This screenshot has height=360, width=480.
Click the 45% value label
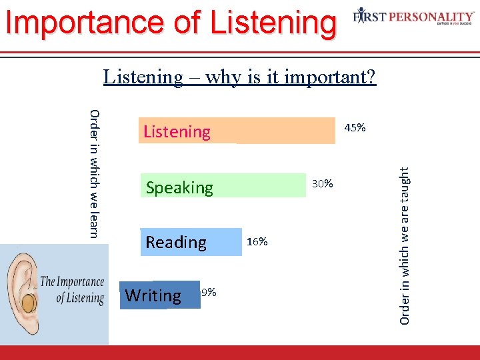point(354,127)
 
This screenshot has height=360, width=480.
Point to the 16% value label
point(257,241)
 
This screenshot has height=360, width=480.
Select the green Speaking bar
point(260,185)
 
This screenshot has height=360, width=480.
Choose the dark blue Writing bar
point(190,295)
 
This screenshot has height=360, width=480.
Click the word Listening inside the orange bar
point(177,132)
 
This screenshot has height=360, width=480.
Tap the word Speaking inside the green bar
point(179,188)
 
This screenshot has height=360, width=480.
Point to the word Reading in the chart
point(176,242)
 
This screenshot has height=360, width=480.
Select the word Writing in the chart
point(153,295)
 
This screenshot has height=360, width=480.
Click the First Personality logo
point(413,16)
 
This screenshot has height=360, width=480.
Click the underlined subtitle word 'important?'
point(330,77)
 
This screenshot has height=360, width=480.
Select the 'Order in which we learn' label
point(94,173)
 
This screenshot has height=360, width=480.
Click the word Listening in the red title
point(272,21)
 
